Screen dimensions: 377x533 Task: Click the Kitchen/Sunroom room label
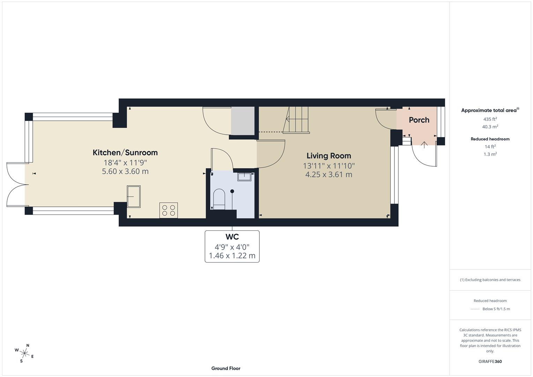(125, 153)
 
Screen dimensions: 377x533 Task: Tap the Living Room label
(328, 156)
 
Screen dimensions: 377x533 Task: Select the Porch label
(419, 120)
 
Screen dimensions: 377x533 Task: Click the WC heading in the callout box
(232, 237)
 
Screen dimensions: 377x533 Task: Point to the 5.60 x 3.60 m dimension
(125, 171)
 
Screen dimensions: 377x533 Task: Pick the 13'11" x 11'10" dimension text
(328, 165)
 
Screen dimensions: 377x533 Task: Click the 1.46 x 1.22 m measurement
(232, 256)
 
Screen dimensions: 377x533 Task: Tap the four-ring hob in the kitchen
(169, 210)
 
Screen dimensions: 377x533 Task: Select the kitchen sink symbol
(134, 197)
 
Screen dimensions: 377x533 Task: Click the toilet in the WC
(219, 199)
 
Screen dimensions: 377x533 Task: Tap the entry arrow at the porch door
(424, 145)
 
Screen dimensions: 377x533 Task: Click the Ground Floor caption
(225, 368)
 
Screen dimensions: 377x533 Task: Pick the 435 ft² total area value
(490, 119)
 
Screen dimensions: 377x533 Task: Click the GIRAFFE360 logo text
(490, 362)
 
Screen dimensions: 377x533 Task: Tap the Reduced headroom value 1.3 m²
(490, 154)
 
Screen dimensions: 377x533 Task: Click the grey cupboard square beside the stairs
(243, 121)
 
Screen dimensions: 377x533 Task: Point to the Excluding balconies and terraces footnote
(490, 280)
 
